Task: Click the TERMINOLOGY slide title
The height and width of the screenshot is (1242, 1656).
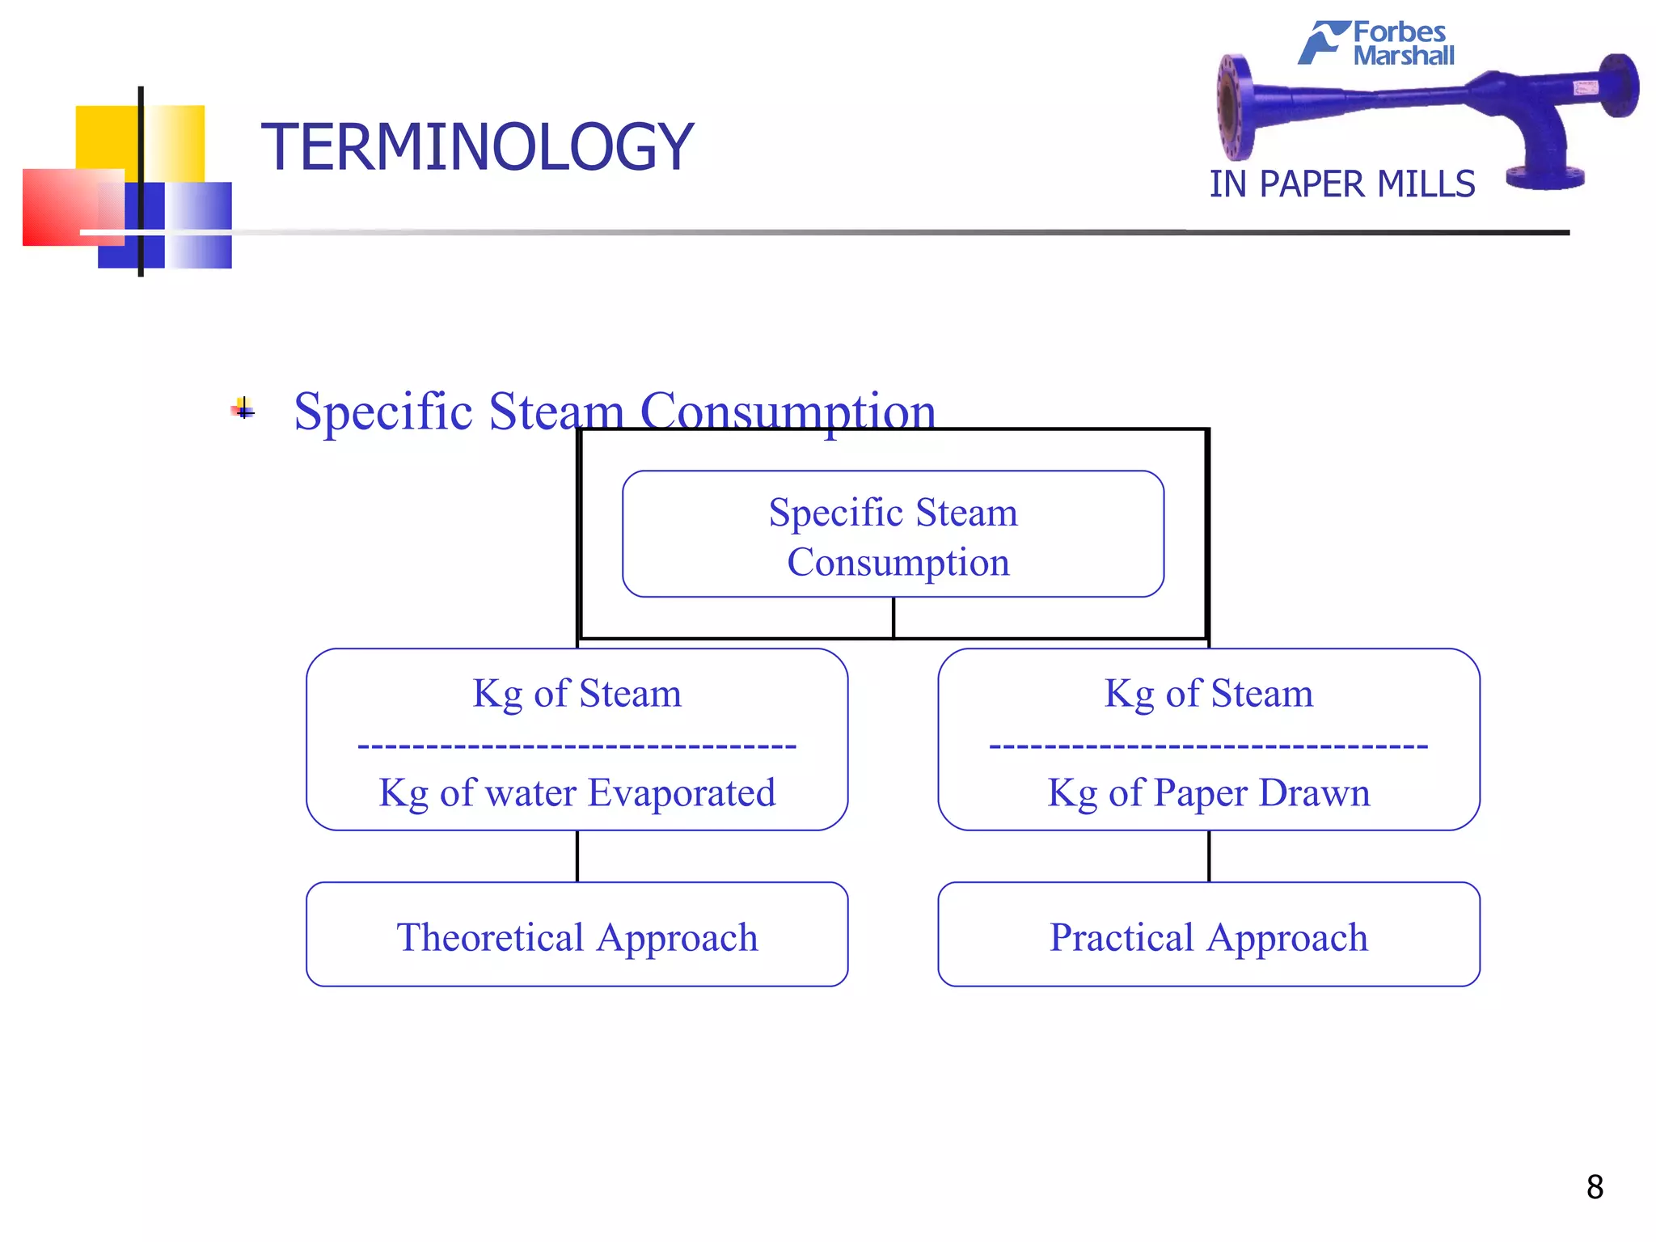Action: point(477,147)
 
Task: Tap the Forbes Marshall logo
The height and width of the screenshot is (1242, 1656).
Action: point(1378,43)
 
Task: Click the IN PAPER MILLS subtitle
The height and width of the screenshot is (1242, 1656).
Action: point(1341,184)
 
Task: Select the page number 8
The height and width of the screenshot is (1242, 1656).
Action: point(1594,1187)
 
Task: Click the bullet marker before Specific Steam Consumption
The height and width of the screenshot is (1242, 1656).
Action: point(243,410)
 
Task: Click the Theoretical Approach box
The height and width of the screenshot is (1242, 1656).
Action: point(577,935)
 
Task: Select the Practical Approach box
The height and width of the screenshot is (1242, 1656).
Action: point(1208,935)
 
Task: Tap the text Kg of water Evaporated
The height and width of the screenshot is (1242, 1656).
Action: point(577,793)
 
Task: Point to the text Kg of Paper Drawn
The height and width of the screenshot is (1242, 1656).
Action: point(1208,793)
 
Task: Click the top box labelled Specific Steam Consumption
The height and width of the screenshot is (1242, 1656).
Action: point(893,534)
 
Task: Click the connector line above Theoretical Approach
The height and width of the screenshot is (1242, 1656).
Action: point(577,856)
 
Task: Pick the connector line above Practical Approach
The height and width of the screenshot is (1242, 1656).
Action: point(1209,856)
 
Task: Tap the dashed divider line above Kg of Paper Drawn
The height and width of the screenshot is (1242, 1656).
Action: point(1208,746)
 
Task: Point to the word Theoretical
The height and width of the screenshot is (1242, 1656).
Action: point(490,938)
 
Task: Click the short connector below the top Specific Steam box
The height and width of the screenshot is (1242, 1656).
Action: point(893,618)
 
